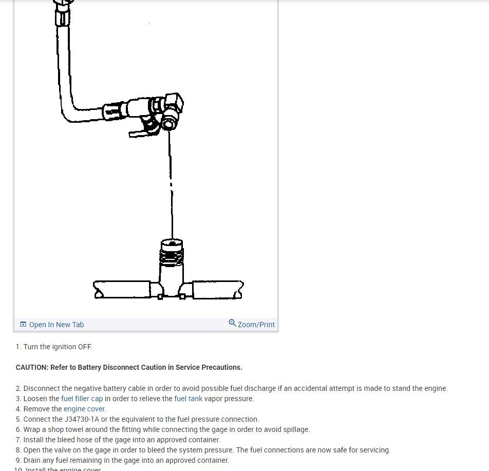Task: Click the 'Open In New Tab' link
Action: [56, 325]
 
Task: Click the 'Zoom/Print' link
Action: [256, 325]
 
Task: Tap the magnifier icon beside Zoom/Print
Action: [232, 323]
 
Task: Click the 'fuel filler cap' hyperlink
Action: [82, 399]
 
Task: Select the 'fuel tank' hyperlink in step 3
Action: [188, 399]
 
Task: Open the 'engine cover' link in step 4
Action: [84, 409]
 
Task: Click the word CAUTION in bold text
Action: [31, 367]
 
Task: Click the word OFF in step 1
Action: [85, 347]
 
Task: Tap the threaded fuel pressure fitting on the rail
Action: [172, 252]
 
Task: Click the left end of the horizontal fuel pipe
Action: [99, 290]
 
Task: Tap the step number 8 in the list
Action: [18, 450]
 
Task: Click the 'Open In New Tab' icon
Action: [23, 325]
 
